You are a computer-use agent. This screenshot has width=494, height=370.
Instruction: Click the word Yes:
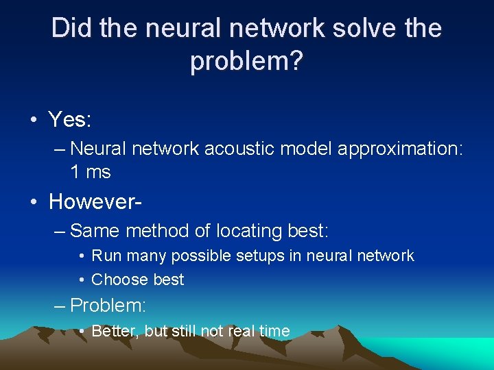70,121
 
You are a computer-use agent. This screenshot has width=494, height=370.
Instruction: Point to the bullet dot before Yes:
33,121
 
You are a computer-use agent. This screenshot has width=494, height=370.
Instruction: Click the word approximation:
401,149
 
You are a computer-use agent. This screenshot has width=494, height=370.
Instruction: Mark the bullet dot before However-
33,202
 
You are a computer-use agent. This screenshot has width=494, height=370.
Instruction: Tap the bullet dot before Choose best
82,280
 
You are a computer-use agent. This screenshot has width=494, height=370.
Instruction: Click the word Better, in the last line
115,332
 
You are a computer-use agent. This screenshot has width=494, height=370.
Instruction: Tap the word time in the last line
275,332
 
